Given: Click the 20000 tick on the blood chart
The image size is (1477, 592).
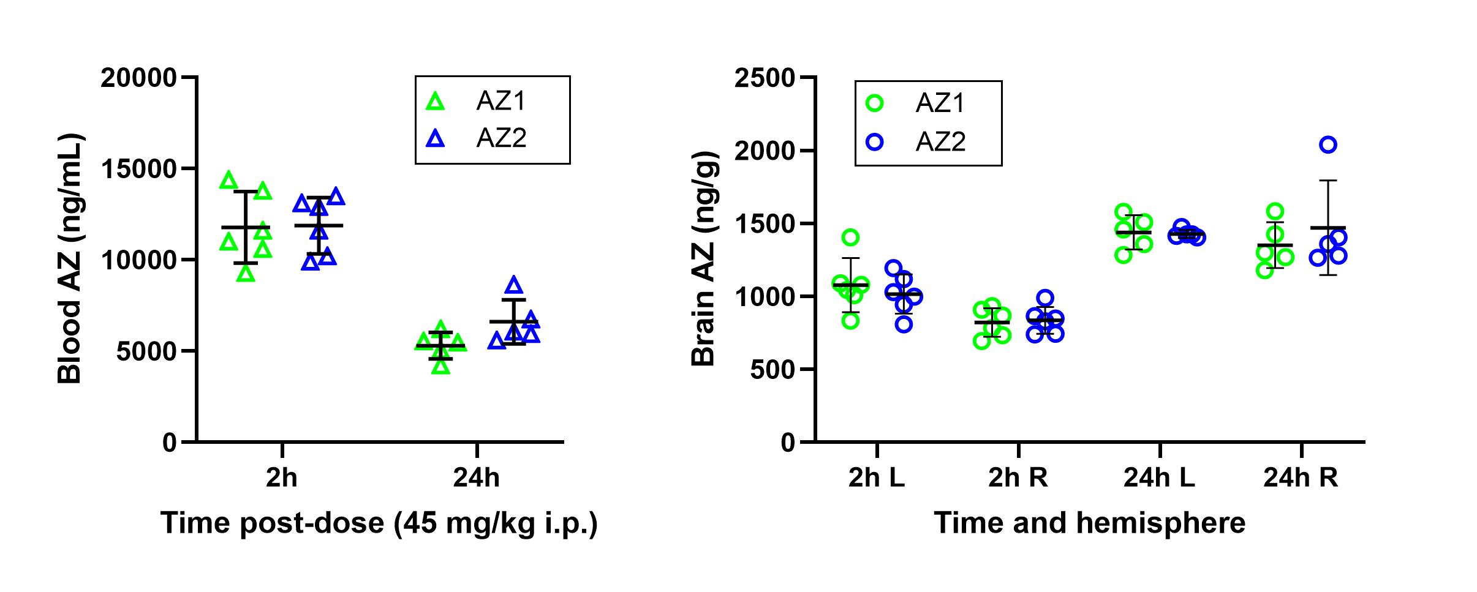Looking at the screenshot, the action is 138,78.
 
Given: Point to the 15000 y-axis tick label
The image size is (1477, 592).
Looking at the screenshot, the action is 138,169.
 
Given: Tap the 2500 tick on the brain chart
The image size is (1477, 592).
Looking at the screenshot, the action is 765,78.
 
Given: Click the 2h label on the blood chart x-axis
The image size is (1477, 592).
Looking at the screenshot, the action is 282,478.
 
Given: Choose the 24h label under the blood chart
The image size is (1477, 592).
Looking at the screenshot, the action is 477,478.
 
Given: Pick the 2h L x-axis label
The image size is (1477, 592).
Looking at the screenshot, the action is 877,478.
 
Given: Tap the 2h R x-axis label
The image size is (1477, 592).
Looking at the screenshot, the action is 1018,478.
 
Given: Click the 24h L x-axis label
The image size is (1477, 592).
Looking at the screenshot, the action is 1159,478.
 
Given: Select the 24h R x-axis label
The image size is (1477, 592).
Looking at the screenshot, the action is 1301,478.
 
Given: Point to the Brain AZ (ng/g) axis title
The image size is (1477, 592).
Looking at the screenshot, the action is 703,258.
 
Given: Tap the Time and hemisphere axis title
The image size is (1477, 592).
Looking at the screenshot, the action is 1090,523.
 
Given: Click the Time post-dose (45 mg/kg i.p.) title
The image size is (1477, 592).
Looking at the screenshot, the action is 379,523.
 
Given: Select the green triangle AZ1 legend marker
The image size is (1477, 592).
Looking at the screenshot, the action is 436,102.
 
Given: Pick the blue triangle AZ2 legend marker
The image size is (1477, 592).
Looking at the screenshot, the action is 436,138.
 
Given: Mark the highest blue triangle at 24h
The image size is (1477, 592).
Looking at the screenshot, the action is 514,285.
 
